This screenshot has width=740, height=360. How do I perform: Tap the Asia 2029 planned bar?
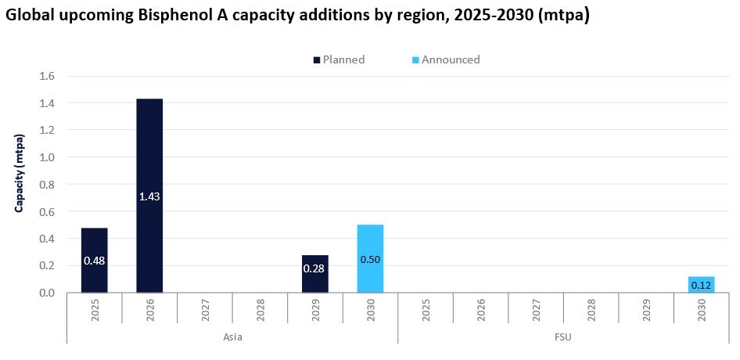[314, 273]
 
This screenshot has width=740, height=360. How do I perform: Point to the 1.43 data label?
[149, 196]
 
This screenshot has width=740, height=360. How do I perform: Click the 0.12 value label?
[701, 286]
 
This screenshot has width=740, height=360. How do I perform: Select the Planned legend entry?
[339, 59]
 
